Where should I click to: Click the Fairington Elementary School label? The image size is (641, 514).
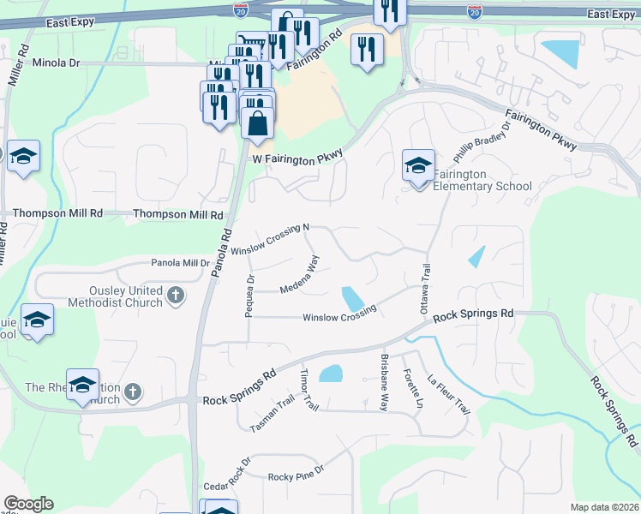tap(482, 180)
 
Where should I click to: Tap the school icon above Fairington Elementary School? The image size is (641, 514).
tap(418, 164)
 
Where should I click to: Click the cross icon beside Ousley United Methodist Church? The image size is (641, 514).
tap(176, 296)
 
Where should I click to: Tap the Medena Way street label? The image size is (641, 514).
tap(300, 276)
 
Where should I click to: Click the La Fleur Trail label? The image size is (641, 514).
tap(448, 393)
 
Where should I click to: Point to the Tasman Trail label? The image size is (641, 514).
tap(272, 414)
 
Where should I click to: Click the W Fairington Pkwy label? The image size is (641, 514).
tap(298, 156)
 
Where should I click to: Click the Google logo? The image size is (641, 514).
tap(28, 504)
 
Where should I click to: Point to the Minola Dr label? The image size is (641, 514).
tap(56, 63)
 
